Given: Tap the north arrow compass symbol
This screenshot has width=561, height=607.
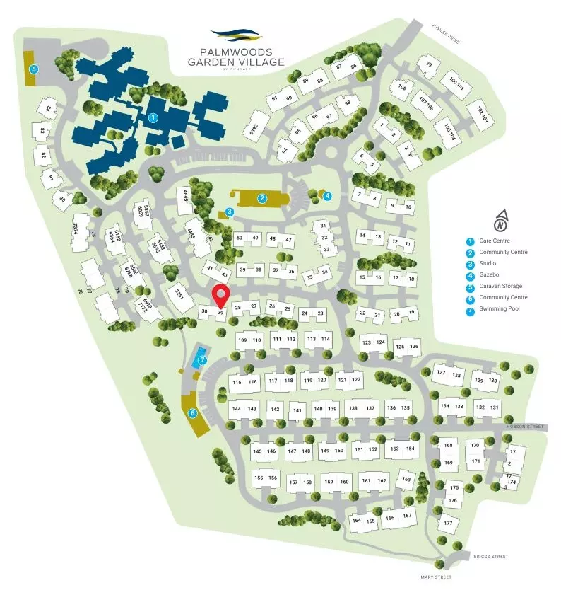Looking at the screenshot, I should (x=500, y=221).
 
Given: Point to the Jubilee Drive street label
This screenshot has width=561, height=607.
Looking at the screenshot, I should (x=446, y=33).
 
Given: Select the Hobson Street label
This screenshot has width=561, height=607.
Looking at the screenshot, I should (x=525, y=427).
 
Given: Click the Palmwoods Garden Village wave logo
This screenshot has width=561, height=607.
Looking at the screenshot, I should (x=236, y=34).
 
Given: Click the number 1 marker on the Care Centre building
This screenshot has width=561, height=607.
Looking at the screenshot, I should (x=153, y=118).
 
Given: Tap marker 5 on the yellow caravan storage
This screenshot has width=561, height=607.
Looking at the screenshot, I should (x=33, y=69).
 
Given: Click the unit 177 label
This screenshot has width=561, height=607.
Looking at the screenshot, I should (x=447, y=524).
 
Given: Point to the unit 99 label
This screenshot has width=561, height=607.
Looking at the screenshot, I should (x=428, y=66).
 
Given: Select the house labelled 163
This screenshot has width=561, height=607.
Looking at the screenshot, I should (x=406, y=480).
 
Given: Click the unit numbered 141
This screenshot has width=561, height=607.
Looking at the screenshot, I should (x=297, y=410).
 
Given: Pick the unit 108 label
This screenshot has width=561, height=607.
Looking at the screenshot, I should (x=402, y=88).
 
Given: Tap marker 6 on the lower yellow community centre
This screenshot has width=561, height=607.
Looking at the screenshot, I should (x=191, y=413).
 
